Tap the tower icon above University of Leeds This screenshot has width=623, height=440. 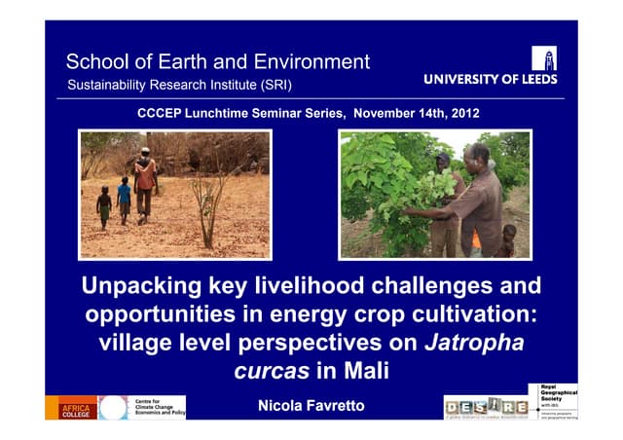coord(544,58)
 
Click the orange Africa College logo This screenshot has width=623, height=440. coord(71,408)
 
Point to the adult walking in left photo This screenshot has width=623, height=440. coord(145,181)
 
